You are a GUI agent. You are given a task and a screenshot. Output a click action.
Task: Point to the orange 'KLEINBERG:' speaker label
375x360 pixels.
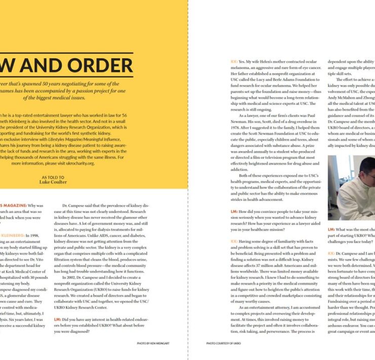tap(15, 222)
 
